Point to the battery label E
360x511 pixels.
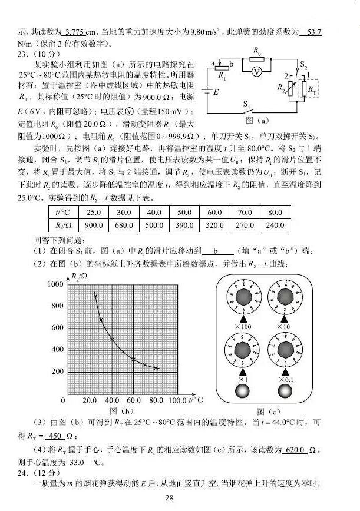click(x=216, y=92)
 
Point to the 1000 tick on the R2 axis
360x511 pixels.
click(x=54, y=284)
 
